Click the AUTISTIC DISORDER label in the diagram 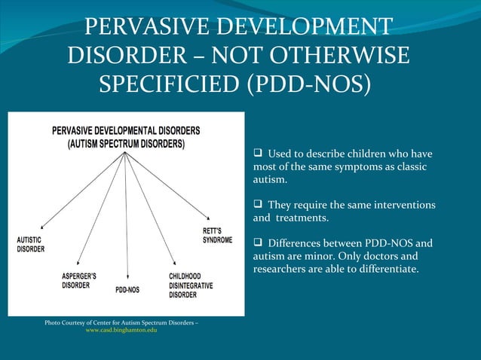click(31, 244)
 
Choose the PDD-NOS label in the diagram click(127, 289)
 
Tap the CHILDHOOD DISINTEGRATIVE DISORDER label click(191, 285)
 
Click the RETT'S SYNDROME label click(217, 236)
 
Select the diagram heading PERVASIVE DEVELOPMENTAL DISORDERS click(126, 130)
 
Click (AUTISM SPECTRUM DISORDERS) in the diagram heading click(126, 143)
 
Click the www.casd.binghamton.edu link click(121, 331)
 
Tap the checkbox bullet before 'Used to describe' click(258, 154)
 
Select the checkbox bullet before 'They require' click(258, 205)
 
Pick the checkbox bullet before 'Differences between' click(258, 243)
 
